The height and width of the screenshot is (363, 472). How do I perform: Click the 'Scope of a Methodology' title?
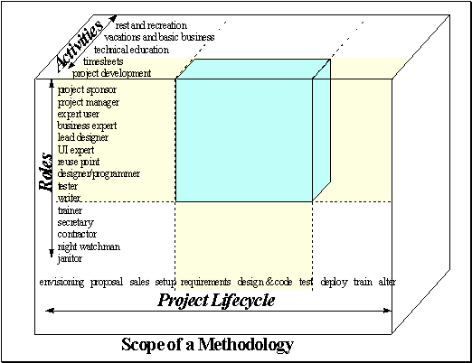pyautogui.click(x=207, y=345)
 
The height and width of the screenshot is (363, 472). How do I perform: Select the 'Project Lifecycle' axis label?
pyautogui.click(x=216, y=301)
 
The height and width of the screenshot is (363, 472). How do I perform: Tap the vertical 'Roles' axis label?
pyautogui.click(x=46, y=172)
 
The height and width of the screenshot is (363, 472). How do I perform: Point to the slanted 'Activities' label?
pyautogui.click(x=80, y=45)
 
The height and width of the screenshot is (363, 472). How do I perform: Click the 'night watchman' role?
pyautogui.click(x=89, y=247)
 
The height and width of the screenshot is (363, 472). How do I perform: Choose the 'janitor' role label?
pyautogui.click(x=70, y=258)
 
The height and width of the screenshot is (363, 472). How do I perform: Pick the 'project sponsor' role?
pyautogui.click(x=87, y=90)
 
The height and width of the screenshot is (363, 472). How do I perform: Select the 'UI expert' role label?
pyautogui.click(x=76, y=150)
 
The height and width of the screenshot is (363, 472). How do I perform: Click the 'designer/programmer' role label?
pyautogui.click(x=99, y=173)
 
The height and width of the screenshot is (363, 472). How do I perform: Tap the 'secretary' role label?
pyautogui.click(x=76, y=222)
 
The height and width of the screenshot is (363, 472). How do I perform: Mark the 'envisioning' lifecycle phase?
pyautogui.click(x=61, y=282)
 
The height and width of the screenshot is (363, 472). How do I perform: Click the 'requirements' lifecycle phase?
pyautogui.click(x=205, y=282)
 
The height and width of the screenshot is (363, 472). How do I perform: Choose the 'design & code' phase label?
pyautogui.click(x=265, y=282)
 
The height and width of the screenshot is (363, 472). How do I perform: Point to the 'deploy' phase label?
pyautogui.click(x=334, y=282)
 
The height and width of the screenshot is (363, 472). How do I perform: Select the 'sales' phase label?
pyautogui.click(x=139, y=282)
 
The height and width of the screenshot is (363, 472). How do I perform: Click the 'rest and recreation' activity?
pyautogui.click(x=151, y=25)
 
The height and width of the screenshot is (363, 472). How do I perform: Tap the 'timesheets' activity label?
pyautogui.click(x=103, y=61)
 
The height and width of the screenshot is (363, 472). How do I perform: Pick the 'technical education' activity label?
pyautogui.click(x=131, y=50)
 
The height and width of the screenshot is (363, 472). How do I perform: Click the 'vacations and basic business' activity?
pyautogui.click(x=159, y=37)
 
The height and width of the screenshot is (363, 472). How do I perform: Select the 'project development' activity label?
pyautogui.click(x=111, y=73)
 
